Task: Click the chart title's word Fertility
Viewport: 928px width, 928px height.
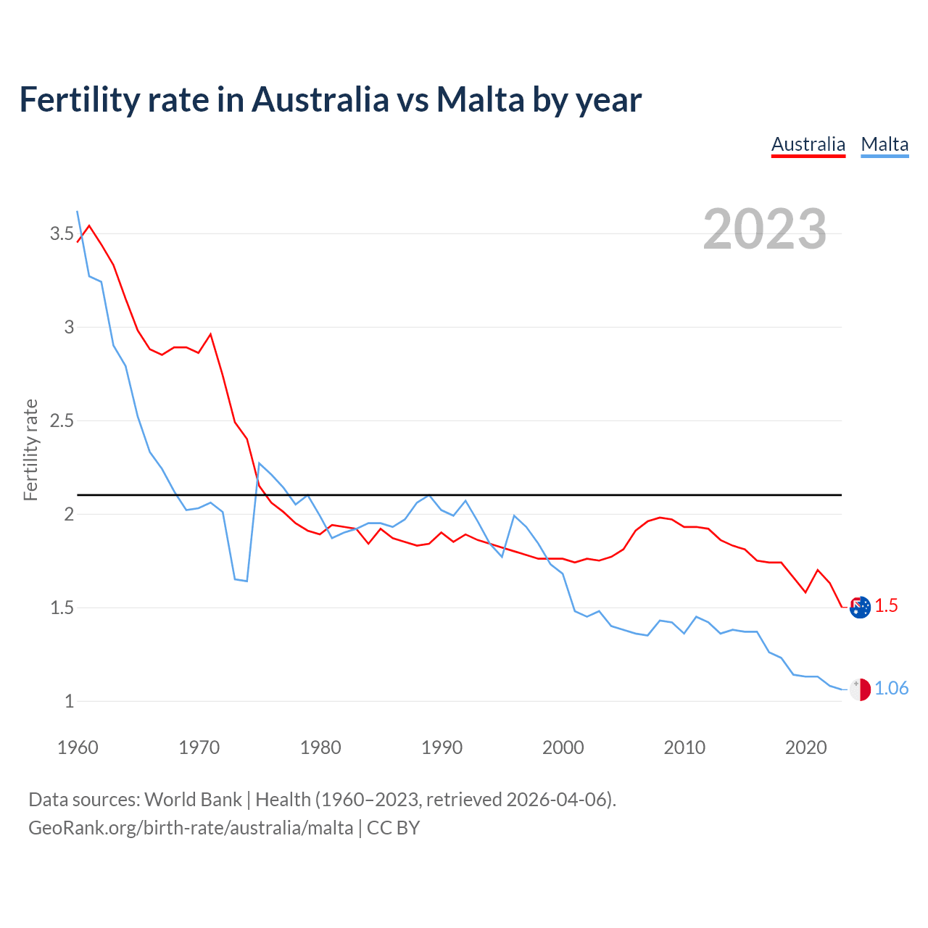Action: tap(78, 100)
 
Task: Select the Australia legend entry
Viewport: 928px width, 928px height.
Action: tap(808, 144)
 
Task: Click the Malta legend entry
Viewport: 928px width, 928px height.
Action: tap(884, 144)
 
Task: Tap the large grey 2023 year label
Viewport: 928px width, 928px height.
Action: tap(764, 229)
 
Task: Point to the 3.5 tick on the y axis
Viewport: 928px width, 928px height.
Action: tap(62, 233)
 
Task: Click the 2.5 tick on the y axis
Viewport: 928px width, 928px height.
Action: tap(62, 420)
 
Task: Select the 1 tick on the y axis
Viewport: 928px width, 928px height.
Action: tap(69, 701)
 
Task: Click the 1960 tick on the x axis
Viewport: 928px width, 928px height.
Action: tap(78, 747)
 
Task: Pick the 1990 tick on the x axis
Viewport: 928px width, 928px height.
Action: tap(442, 747)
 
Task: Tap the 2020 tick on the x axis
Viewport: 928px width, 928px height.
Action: tap(805, 747)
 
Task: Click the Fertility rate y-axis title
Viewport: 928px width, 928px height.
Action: tap(30, 449)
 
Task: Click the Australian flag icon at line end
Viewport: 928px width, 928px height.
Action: tap(860, 607)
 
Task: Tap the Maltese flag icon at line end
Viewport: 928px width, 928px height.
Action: tap(860, 689)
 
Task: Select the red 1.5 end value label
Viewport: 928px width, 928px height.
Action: tap(886, 605)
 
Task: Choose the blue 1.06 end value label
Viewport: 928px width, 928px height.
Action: tap(891, 688)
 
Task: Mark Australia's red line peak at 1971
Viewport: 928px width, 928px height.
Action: tap(210, 334)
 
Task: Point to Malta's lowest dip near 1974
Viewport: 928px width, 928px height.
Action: tap(246, 581)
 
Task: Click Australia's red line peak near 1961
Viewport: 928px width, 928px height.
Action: tap(89, 225)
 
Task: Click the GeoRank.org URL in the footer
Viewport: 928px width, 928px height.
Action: tap(191, 827)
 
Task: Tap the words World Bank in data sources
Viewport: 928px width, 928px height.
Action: tap(193, 799)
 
